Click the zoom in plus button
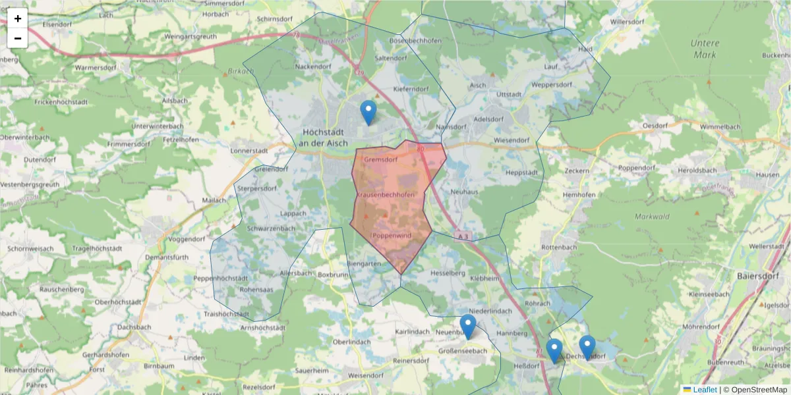point(18,18)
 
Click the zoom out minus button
point(18,38)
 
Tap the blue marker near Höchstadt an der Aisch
point(368,113)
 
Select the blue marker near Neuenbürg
point(468,327)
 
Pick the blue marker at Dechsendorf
point(587,347)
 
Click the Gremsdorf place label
point(380,159)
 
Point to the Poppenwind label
point(392,235)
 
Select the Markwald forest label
point(652,216)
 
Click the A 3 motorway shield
point(463,236)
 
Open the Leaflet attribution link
point(705,389)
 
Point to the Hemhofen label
point(579,195)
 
